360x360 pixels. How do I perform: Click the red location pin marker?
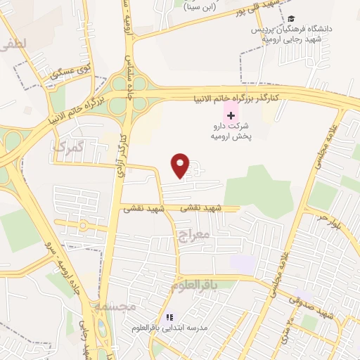click(181, 165)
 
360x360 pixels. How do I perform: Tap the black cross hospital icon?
click(231, 115)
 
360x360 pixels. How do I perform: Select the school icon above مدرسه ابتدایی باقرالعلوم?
click(169, 317)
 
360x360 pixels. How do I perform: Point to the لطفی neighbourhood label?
click(14, 44)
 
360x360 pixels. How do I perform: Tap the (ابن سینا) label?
click(204, 8)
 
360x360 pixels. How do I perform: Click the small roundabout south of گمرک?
click(82, 226)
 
